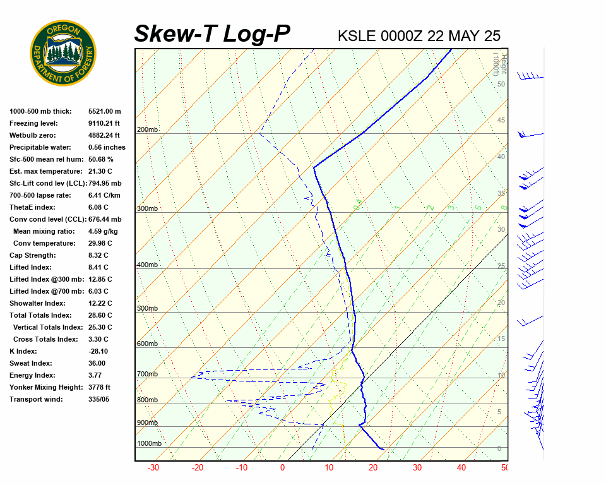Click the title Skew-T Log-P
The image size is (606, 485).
[x=212, y=34]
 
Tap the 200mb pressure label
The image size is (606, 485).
[x=147, y=130]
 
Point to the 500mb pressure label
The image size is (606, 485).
[x=147, y=308]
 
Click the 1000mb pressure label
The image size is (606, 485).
[x=149, y=443]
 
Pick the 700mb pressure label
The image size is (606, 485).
[x=147, y=374]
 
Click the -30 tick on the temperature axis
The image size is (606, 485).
[x=153, y=468]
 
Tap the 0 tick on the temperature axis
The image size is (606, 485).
[x=282, y=468]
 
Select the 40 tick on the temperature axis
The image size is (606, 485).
[x=461, y=468]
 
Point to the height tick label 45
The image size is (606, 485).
[x=501, y=121]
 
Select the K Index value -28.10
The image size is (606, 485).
[x=98, y=351]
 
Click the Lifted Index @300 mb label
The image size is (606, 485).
[x=47, y=279]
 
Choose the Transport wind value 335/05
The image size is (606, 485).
[x=100, y=399]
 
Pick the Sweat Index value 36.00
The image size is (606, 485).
[x=97, y=363]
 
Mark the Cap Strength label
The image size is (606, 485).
[x=32, y=255]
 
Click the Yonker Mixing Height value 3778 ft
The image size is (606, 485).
[x=99, y=387]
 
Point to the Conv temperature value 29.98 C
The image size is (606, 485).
[x=100, y=243]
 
